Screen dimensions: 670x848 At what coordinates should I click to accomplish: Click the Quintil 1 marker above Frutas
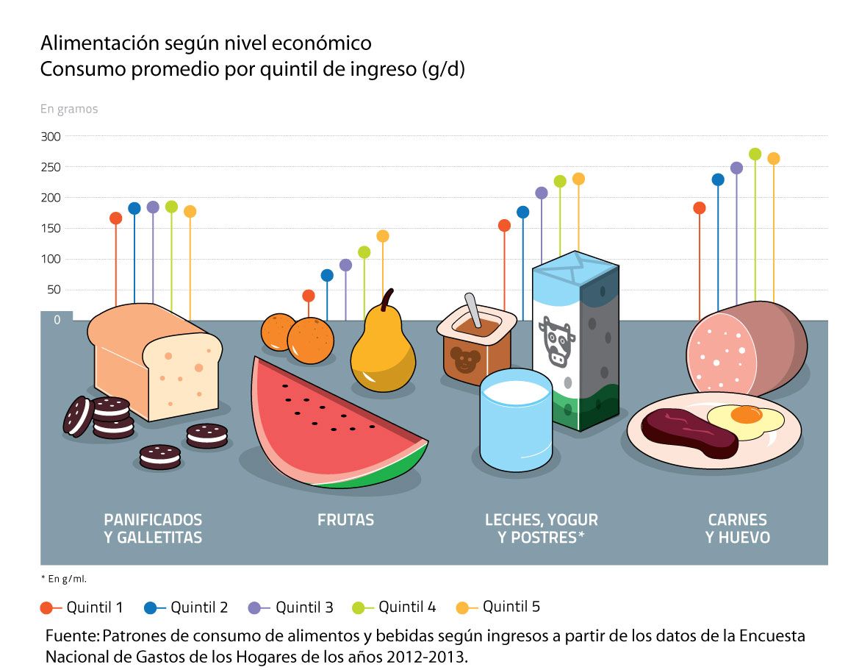pyautogui.click(x=309, y=296)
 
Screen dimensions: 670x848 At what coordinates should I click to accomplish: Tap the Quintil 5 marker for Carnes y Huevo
pyautogui.click(x=773, y=158)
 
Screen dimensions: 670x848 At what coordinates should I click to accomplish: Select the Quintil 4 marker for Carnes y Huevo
pyautogui.click(x=755, y=154)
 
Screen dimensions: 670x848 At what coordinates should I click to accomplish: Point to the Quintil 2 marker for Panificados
pyautogui.click(x=134, y=208)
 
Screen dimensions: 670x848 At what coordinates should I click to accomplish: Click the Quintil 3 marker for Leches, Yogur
pyautogui.click(x=542, y=193)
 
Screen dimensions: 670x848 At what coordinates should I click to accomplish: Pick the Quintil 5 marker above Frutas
pyautogui.click(x=382, y=236)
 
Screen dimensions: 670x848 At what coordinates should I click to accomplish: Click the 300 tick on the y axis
pyautogui.click(x=51, y=136)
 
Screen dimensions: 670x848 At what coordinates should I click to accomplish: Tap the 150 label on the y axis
pyautogui.click(x=51, y=228)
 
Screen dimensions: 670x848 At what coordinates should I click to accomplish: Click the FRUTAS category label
pyautogui.click(x=345, y=520)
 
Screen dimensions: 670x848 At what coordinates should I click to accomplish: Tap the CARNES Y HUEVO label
pyautogui.click(x=737, y=529)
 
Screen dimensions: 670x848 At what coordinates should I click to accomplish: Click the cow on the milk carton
pyautogui.click(x=557, y=340)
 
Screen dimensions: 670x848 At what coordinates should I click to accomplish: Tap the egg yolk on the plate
pyautogui.click(x=746, y=416)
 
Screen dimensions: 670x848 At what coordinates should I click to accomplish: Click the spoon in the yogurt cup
pyautogui.click(x=472, y=309)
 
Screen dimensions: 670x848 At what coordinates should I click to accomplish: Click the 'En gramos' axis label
pyautogui.click(x=68, y=109)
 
